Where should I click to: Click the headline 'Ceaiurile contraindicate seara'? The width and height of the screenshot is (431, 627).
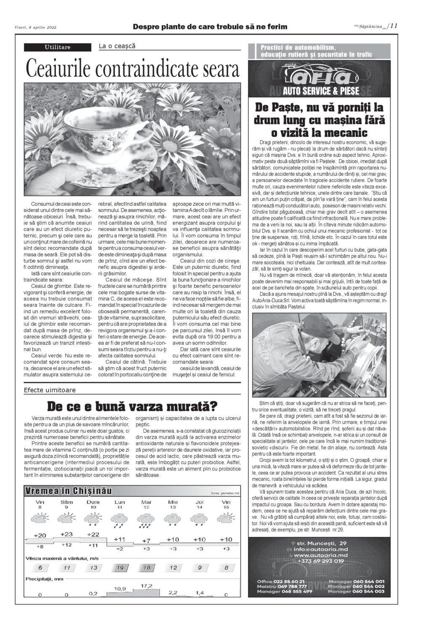(132, 68)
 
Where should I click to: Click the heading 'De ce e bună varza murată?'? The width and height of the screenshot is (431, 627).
(132, 407)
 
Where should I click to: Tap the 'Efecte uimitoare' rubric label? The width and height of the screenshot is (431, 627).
(50, 390)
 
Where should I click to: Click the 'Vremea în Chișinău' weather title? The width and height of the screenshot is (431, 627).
(68, 491)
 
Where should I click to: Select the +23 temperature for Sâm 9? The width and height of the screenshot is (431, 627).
(66, 534)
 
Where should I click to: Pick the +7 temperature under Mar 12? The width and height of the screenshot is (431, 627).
(146, 540)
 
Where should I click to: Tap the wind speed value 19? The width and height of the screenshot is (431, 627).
(120, 568)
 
